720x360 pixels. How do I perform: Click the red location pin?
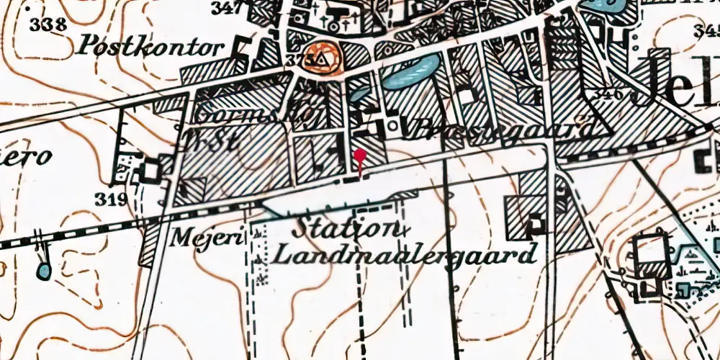pos(360,156)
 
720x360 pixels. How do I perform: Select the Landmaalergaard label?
pos(408,254)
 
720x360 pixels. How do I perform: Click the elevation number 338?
pos(48,24)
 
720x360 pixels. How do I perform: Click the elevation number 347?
pos(228,8)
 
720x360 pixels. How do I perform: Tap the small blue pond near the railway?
pos(44,271)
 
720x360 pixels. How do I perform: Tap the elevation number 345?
pos(707,30)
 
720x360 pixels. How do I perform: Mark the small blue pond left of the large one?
pos(358,94)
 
